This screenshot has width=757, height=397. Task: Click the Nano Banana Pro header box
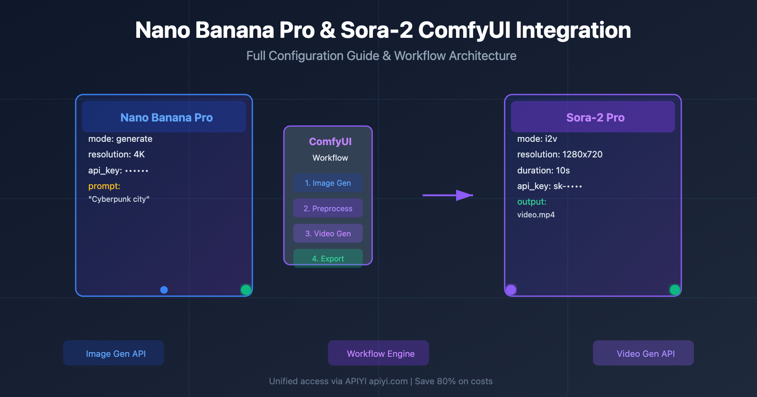click(164, 117)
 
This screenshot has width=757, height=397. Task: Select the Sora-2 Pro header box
click(593, 117)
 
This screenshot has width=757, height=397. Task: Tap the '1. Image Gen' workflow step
click(328, 183)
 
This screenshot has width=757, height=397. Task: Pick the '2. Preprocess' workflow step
click(328, 208)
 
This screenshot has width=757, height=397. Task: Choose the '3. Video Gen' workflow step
click(328, 233)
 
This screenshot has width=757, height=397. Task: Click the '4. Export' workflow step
click(328, 259)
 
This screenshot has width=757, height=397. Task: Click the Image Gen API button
click(114, 353)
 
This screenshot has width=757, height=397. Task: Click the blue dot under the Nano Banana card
click(164, 290)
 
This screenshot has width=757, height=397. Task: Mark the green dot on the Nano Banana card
click(246, 290)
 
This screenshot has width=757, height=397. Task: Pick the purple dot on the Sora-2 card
click(511, 290)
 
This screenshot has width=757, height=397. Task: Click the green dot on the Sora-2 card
click(675, 290)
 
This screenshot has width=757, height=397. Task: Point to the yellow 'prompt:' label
click(104, 186)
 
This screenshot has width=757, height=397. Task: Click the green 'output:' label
click(532, 202)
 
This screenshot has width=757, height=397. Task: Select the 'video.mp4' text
click(536, 215)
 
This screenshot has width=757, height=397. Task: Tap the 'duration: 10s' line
click(544, 170)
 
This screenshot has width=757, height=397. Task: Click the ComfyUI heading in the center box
click(330, 142)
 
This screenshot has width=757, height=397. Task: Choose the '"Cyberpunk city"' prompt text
click(119, 199)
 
